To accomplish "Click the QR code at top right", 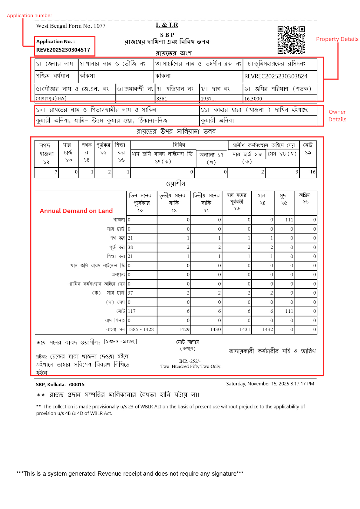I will coord(291,40).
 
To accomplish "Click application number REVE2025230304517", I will coord(63,50).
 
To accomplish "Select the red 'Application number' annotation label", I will coord(30,15).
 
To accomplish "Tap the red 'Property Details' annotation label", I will coord(337,39).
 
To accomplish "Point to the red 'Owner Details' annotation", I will coord(337,115).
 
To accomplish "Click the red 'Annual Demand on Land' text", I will coord(76,211).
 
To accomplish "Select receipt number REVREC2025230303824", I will coord(276,76).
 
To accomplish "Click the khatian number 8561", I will coord(162,99).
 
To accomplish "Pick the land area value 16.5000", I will coord(253,99).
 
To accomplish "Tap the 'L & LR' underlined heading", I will coord(167,25).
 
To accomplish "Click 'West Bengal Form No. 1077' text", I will coord(71,26).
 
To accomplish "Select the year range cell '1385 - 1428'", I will coord(141,329).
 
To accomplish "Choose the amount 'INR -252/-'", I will coord(190,361).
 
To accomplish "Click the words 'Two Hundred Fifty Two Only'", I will coord(190,366).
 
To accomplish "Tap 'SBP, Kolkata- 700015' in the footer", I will coord(60,384).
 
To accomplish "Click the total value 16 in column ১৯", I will coord(313,172).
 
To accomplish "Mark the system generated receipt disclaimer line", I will coord(129,473).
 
